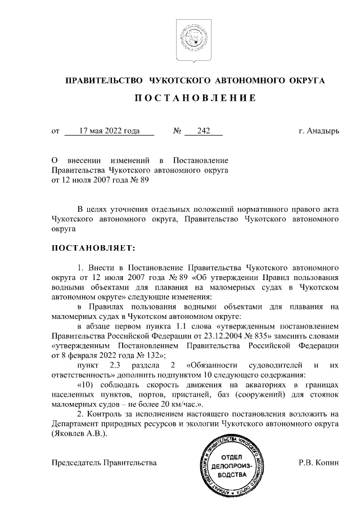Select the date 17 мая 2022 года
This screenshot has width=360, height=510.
[x=109, y=131]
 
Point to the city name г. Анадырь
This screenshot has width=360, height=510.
[x=319, y=131]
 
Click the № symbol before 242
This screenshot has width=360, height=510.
[x=177, y=131]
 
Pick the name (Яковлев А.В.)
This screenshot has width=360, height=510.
[x=78, y=435]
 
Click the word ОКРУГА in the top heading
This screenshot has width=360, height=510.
[x=304, y=81]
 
